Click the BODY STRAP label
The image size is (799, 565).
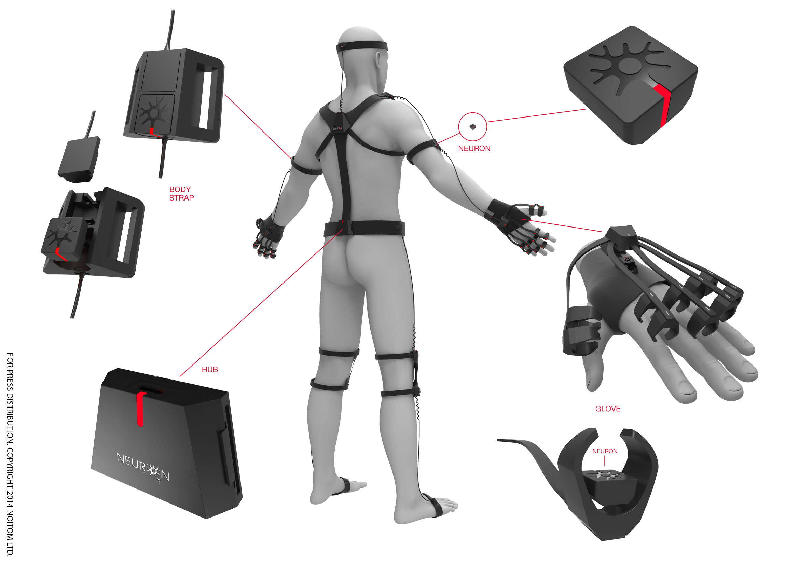tap(181, 193)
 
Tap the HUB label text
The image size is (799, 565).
tap(210, 370)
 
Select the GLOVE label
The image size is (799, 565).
tap(608, 409)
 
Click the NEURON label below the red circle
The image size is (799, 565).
tap(474, 149)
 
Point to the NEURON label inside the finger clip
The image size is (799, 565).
tap(605, 451)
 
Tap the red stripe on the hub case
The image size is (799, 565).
tap(140, 409)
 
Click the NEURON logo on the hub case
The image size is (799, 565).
tap(143, 467)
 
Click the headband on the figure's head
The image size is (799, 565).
tap(362, 46)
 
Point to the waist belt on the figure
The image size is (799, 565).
tap(364, 228)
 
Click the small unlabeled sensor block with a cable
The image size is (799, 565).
tap(79, 159)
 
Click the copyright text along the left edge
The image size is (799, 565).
tap(10, 454)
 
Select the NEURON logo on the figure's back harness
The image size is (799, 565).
tap(337, 128)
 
